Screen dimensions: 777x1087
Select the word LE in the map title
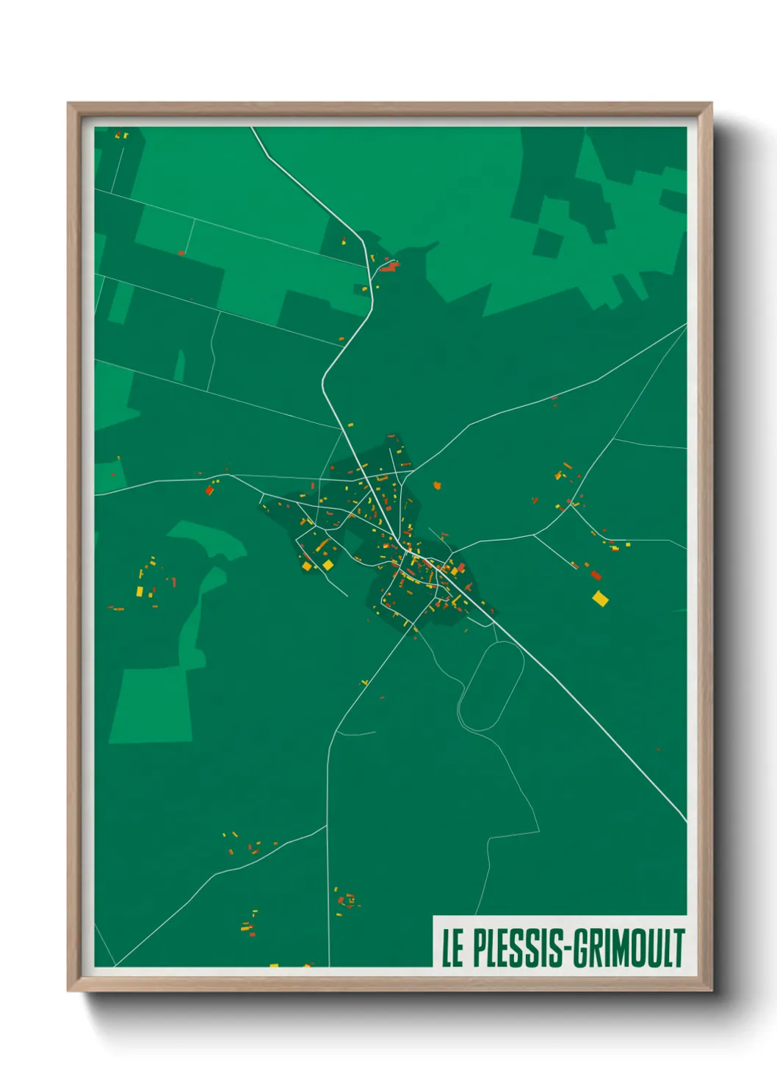coord(452,948)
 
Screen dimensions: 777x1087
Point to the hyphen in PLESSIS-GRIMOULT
coord(565,949)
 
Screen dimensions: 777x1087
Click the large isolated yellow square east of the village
coord(600,599)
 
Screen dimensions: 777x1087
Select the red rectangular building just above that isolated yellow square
coord(596,575)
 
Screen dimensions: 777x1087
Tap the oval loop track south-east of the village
coord(491,686)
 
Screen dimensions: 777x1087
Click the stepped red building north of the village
coord(389,267)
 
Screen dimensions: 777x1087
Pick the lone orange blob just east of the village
coord(438,485)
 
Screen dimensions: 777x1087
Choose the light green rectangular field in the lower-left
coord(151,705)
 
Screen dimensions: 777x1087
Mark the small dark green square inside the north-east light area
coord(547,242)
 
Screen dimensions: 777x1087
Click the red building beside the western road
coord(209,489)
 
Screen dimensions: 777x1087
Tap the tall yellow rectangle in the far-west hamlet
coord(140,591)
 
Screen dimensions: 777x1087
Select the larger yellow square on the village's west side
coord(328,564)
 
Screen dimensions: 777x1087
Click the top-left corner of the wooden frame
coord(69,104)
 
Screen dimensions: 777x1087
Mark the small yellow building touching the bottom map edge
coord(274,965)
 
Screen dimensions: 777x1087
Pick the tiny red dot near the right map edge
coord(658,750)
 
